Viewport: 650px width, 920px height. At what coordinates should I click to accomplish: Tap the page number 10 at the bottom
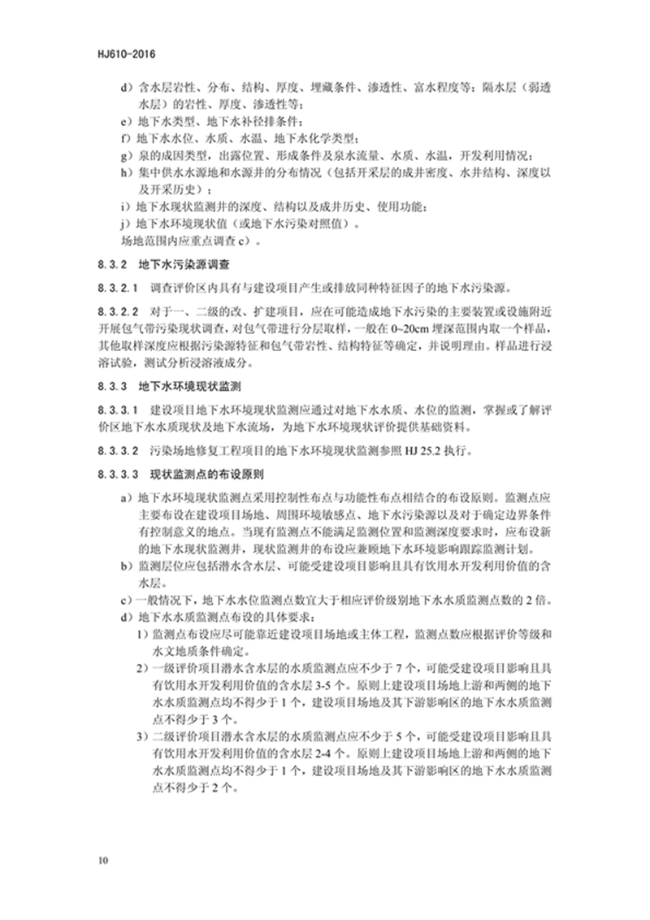(x=102, y=860)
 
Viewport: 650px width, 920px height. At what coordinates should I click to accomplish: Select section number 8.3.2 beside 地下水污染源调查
(x=112, y=264)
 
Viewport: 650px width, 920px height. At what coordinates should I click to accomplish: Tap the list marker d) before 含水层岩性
(x=124, y=86)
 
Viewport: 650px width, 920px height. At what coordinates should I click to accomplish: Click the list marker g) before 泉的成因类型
(x=124, y=156)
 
